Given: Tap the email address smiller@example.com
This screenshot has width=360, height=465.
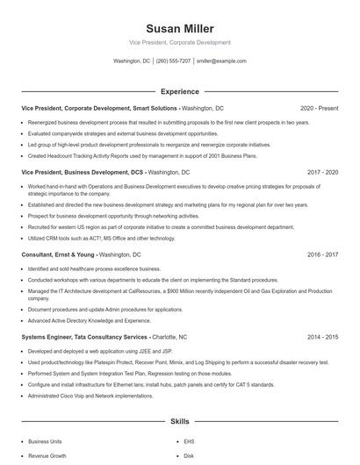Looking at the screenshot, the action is [x=221, y=61].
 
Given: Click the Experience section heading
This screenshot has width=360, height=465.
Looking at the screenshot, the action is [x=179, y=91].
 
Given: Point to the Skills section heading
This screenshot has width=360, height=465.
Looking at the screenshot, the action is [x=179, y=422].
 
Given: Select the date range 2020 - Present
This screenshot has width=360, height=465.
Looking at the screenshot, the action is [x=319, y=108].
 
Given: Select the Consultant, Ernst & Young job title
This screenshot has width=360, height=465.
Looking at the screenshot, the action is [x=59, y=254].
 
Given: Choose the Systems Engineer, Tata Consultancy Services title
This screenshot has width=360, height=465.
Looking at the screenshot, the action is [x=84, y=337].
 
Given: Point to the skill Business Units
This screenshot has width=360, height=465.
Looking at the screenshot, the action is [x=46, y=442].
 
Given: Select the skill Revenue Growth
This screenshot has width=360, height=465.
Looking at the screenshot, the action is [x=47, y=456].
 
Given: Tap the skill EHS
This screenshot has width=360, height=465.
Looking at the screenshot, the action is [x=189, y=442].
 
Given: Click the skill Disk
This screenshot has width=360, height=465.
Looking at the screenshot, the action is [x=189, y=456].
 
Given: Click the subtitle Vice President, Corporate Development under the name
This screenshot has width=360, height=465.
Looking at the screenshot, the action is [x=179, y=42].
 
